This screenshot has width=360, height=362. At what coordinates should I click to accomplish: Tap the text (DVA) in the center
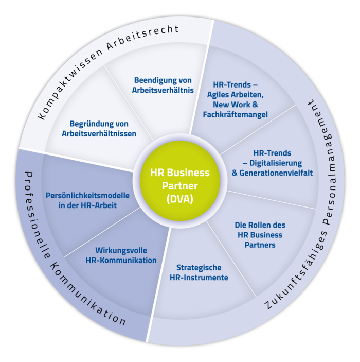click(179, 199)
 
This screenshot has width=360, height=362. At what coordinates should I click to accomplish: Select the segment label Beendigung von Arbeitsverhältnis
click(163, 85)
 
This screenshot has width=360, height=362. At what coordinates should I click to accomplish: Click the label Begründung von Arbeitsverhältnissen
click(99, 129)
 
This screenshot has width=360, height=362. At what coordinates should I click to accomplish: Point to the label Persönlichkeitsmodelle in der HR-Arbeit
click(87, 200)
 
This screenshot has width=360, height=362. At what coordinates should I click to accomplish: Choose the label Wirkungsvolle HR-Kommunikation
click(121, 255)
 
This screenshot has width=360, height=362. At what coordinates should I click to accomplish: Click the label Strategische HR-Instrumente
click(199, 272)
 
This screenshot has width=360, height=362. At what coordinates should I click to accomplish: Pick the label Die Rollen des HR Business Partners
click(260, 235)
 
